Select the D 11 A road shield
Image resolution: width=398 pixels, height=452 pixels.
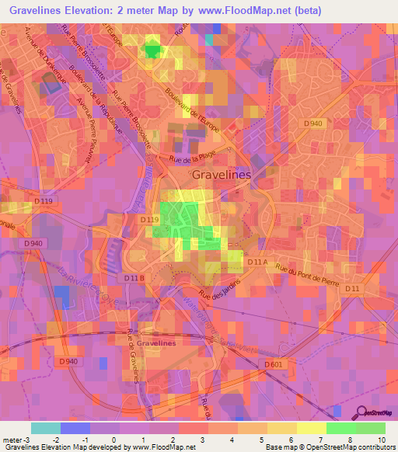click(257, 263)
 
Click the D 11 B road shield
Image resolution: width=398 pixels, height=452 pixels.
click(134, 277)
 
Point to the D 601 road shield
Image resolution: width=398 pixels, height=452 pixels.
click(273, 363)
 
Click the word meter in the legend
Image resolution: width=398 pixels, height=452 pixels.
click(12, 439)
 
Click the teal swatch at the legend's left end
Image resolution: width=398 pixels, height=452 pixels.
click(46, 428)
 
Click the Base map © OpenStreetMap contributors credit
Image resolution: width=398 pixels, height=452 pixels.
click(329, 448)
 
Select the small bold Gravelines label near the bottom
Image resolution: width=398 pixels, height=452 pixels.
click(156, 342)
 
